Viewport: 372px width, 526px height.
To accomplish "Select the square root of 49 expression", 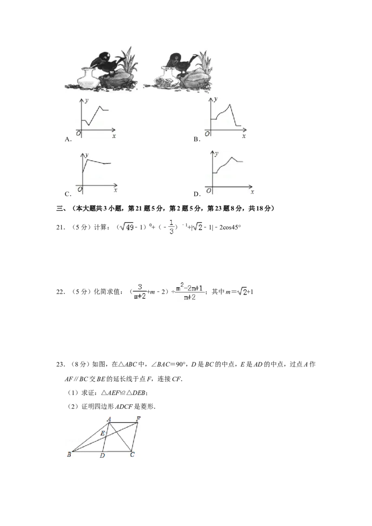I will tap(126, 227).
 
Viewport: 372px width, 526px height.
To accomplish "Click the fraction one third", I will tap(172, 227).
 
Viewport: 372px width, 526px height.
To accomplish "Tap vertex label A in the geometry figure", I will tap(109, 419).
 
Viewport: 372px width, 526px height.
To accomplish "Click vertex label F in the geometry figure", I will tap(138, 419).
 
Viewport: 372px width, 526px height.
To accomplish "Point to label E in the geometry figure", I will tap(103, 434).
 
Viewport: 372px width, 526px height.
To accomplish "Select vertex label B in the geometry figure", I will tap(69, 454).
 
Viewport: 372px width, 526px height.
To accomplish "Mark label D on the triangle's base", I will tap(102, 455).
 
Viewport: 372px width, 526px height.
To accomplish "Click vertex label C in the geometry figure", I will tap(132, 455).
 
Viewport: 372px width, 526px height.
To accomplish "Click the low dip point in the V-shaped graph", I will tap(88, 125).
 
